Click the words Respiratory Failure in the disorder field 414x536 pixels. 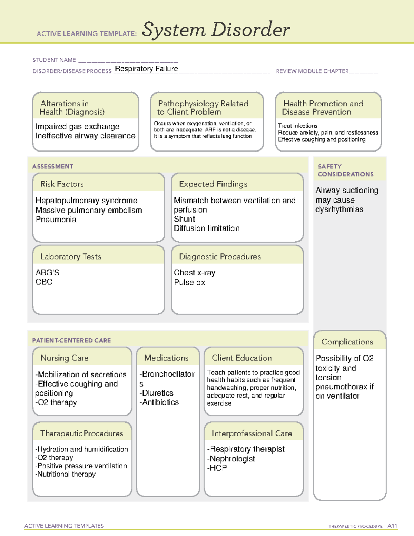[146, 69]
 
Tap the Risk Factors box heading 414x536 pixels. [62, 184]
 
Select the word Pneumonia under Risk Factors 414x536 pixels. [56, 220]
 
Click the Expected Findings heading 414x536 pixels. [213, 184]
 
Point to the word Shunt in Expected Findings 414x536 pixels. [184, 219]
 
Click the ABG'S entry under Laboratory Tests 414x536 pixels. [47, 273]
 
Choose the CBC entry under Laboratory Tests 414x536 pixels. [44, 282]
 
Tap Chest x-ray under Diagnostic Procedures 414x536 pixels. [194, 273]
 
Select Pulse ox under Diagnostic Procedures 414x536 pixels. [189, 282]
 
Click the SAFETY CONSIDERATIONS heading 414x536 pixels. [345, 170]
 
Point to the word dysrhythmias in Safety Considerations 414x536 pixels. [339, 209]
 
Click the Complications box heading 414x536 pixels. [347, 342]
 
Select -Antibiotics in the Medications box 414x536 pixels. [159, 402]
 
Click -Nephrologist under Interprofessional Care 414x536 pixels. [231, 459]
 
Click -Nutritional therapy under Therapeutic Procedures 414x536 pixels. [65, 474]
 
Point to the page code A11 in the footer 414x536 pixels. [392, 526]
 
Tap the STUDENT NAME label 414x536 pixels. [54, 60]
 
